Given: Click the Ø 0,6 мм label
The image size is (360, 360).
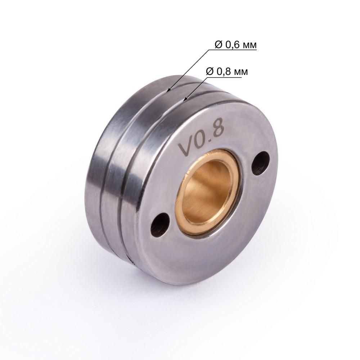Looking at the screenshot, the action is pyautogui.click(x=235, y=45).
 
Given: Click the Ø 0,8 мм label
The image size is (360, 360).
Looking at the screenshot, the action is pyautogui.click(x=227, y=71).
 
